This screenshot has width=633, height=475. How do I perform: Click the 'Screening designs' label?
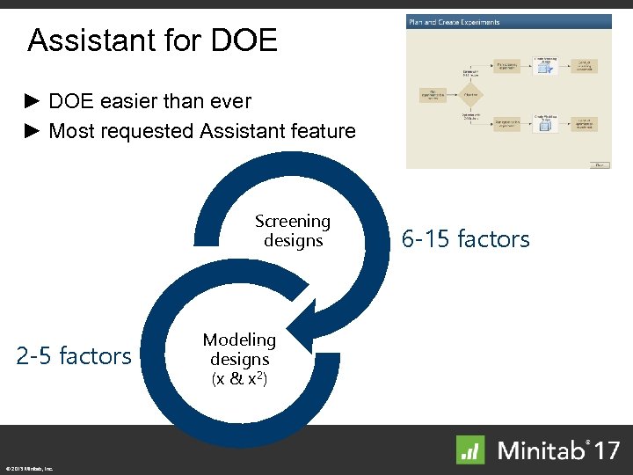coord(293,231)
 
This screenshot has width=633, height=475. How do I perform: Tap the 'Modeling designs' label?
coord(239,349)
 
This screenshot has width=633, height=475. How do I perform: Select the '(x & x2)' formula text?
coord(239,379)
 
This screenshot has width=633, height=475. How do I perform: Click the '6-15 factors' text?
coord(465,238)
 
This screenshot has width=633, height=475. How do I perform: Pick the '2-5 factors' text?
coord(74,356)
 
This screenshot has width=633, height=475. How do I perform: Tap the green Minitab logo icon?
coord(470,449)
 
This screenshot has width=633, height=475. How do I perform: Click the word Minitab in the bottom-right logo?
coord(540,450)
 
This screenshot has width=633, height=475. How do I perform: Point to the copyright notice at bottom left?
coord(28,469)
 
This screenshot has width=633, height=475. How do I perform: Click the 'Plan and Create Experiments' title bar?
coord(454,22)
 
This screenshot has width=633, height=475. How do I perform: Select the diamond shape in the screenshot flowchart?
coord(471,93)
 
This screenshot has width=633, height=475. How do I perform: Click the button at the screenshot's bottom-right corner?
coord(599,164)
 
